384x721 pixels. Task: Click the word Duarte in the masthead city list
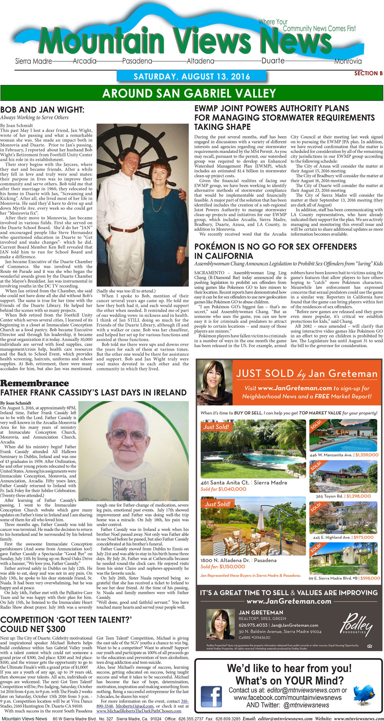click(x=273, y=60)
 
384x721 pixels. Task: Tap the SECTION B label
click(x=368, y=73)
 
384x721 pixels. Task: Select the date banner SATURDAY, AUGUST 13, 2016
click(x=192, y=76)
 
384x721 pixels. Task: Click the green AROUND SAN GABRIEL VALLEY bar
click(x=192, y=93)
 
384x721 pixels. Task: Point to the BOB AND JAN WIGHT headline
click(x=42, y=110)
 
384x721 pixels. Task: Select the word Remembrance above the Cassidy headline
click(x=35, y=383)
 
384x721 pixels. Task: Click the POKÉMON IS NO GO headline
click(x=275, y=251)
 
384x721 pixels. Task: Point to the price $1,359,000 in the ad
click(x=367, y=455)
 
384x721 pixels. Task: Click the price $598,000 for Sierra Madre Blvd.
click(x=370, y=578)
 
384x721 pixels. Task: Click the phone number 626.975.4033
click(x=253, y=625)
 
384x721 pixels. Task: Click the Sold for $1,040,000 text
click(x=223, y=489)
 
